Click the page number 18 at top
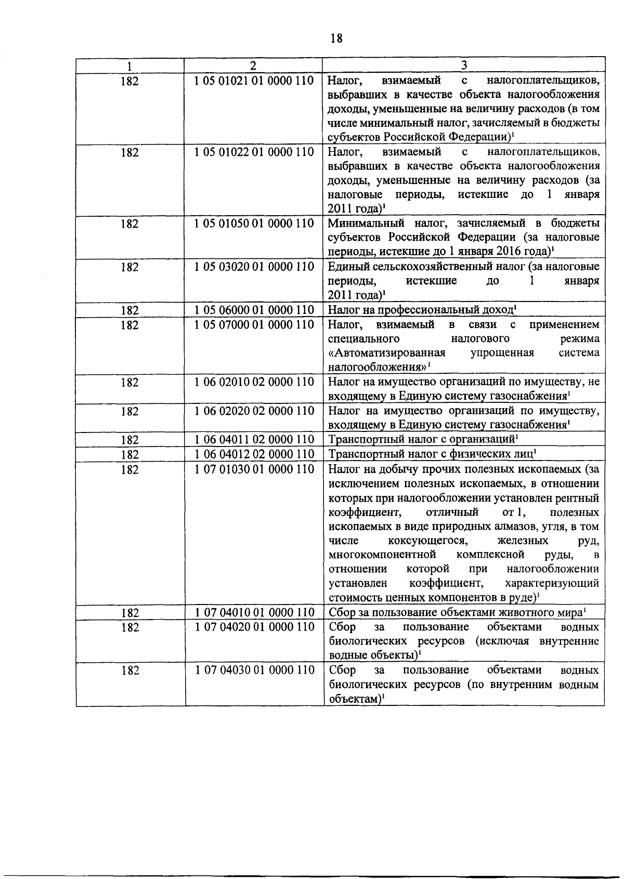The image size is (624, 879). (x=336, y=38)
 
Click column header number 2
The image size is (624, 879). (x=253, y=65)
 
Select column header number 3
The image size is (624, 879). (x=463, y=65)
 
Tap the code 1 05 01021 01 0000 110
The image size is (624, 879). (x=254, y=81)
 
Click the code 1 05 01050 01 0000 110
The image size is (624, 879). (x=254, y=224)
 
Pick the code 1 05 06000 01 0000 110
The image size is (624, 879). (x=254, y=310)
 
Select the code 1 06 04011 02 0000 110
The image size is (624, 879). (x=254, y=440)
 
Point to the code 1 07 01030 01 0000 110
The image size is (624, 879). (x=254, y=469)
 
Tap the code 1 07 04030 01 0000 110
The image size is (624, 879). (x=254, y=670)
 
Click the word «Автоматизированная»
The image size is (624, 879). (x=387, y=353)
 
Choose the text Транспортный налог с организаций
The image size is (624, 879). (x=421, y=440)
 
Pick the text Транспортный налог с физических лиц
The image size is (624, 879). (x=431, y=454)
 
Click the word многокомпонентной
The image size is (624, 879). (x=382, y=554)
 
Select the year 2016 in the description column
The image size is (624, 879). (x=500, y=252)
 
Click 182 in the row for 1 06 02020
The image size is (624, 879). (x=130, y=412)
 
